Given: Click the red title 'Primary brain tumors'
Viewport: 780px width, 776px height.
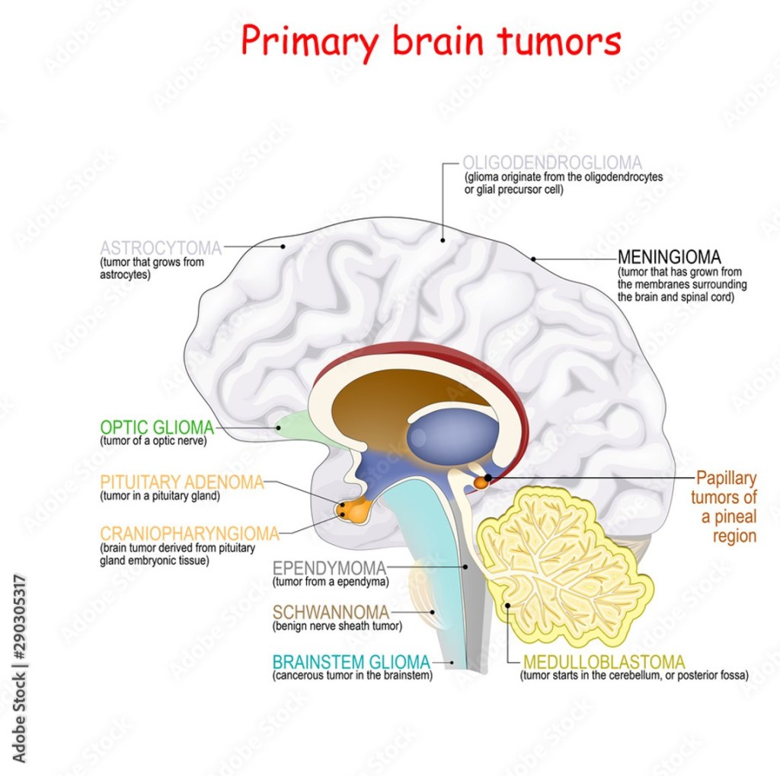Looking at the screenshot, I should [x=431, y=43].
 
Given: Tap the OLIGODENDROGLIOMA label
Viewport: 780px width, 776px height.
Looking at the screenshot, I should [x=552, y=163].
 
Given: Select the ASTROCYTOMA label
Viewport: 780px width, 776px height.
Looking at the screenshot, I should [x=161, y=248].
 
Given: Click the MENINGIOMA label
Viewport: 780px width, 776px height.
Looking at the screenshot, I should [x=669, y=256].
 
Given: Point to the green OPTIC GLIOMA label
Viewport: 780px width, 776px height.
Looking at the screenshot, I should [x=157, y=428].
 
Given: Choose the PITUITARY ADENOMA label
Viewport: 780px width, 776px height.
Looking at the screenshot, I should [x=181, y=482].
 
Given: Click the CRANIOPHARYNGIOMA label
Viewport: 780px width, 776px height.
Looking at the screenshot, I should [x=190, y=533].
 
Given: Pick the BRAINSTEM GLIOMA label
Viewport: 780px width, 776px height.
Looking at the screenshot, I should [x=351, y=662].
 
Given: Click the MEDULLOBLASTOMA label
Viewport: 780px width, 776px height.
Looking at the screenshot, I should [x=603, y=662].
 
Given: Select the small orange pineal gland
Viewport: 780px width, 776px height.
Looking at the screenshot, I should [x=481, y=482].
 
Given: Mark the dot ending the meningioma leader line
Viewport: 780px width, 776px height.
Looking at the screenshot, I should [x=533, y=259].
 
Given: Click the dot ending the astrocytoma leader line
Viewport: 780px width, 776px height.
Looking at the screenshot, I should [x=283, y=246].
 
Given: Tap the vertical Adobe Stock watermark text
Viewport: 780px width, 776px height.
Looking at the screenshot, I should [x=20, y=669].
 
